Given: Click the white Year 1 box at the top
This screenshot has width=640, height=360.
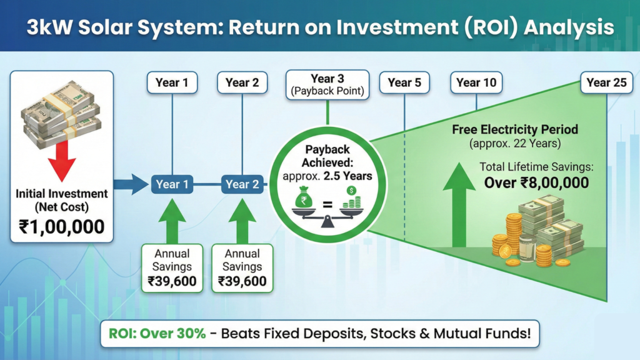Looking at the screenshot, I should tap(172, 83).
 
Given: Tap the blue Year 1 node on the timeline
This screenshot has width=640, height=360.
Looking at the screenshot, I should tap(172, 184).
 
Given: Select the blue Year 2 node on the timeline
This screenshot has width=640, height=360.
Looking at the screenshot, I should tap(242, 184).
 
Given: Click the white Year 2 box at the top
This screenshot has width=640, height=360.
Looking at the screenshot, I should tap(242, 83).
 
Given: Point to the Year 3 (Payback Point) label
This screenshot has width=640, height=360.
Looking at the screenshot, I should tap(327, 85).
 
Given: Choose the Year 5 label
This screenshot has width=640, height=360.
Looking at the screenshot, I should tap(404, 83).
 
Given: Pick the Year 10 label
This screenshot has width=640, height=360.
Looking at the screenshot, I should tap(476, 83).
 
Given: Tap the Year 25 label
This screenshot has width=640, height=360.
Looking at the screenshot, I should tap(606, 83).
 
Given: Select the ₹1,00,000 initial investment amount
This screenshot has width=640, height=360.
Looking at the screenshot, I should tap(62, 226).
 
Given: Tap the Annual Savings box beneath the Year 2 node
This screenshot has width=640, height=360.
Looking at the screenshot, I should tap(242, 267).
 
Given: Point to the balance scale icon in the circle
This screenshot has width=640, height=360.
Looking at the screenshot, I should tap(327, 206).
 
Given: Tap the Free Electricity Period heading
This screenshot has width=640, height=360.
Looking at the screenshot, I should tap(515, 130).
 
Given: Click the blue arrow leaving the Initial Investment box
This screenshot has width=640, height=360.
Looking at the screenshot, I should tap(131, 184).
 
